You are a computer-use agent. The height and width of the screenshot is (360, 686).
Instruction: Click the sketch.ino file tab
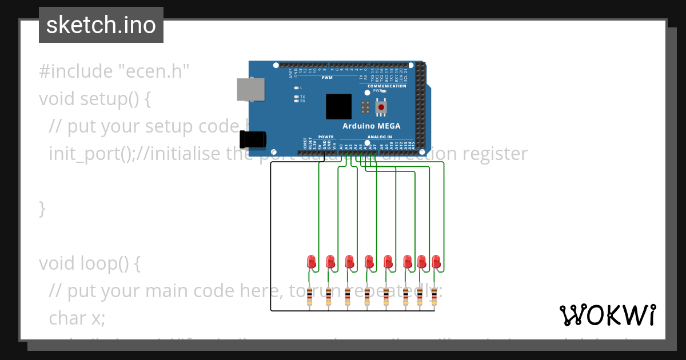101,25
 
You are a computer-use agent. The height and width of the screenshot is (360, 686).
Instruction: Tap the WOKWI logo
607,315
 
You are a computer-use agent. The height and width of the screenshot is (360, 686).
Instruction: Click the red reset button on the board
381,107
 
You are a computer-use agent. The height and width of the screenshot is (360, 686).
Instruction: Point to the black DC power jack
253,139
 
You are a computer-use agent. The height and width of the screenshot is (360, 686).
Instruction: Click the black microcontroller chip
339,106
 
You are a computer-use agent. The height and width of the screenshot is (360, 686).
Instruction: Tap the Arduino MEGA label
371,126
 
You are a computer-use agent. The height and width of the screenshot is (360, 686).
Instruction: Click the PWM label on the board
327,78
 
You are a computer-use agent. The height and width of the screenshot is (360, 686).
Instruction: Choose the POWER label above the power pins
326,137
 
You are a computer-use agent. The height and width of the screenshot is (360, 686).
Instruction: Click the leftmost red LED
311,262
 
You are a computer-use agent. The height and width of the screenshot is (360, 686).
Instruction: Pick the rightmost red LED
436,262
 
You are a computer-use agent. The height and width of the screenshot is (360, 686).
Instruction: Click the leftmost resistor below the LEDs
310,295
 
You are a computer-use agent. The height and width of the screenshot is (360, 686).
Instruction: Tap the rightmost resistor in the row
434,295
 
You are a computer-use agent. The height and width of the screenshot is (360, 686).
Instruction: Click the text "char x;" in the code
77,318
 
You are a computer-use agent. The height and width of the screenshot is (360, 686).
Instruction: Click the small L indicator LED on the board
296,88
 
